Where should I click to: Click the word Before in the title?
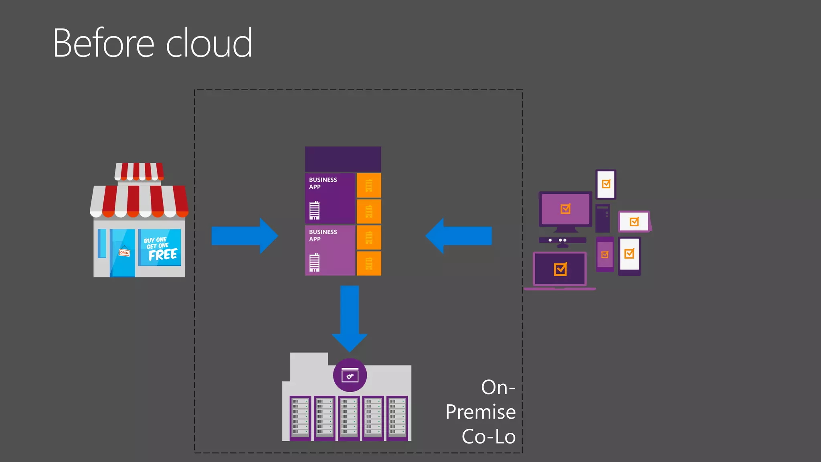tap(103, 43)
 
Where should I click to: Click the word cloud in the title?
tap(209, 43)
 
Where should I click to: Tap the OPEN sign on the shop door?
tap(124, 252)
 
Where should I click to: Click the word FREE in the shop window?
tap(162, 255)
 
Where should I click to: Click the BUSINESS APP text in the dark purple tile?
tap(323, 183)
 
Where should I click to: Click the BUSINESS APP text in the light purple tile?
tap(323, 235)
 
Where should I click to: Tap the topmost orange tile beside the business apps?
tap(369, 186)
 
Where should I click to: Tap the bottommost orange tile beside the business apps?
tap(369, 263)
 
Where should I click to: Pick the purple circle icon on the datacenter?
tap(350, 375)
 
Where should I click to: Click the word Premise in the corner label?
tap(480, 412)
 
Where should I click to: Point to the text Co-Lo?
tap(488, 437)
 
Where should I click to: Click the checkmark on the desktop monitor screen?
tap(565, 209)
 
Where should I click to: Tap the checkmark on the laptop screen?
tap(560, 269)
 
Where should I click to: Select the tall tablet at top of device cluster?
tap(606, 184)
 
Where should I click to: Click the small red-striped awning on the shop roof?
tap(139, 171)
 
